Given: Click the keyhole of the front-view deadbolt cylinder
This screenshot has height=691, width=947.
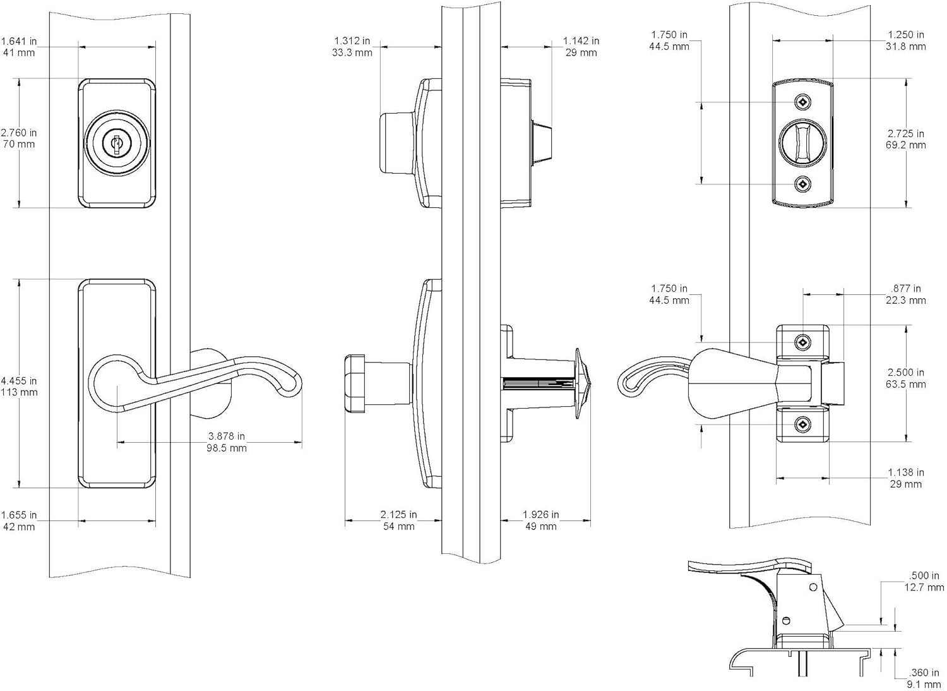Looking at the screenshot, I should click(x=116, y=143).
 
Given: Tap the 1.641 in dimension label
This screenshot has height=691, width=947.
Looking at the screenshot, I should click(x=23, y=47).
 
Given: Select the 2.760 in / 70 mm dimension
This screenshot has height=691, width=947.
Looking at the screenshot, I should click(x=19, y=138).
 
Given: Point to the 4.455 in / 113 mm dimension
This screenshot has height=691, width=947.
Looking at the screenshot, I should click(x=19, y=387).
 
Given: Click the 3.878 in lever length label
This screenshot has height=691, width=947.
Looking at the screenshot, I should click(x=227, y=442).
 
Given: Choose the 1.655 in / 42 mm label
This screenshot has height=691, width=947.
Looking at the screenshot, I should click(x=19, y=520).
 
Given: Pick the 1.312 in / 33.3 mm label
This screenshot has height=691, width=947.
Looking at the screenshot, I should click(x=352, y=47).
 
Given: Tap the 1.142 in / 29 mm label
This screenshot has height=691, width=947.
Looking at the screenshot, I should click(x=581, y=47).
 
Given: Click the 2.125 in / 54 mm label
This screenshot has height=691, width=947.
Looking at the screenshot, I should click(x=398, y=520).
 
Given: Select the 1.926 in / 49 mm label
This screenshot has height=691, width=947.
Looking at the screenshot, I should click(x=541, y=520).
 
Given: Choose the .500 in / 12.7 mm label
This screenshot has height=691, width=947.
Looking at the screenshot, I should click(x=925, y=581).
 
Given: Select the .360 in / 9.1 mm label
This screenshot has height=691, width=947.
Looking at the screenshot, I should click(x=925, y=678).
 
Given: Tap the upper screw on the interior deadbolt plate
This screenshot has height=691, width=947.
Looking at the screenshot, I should click(x=802, y=102).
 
